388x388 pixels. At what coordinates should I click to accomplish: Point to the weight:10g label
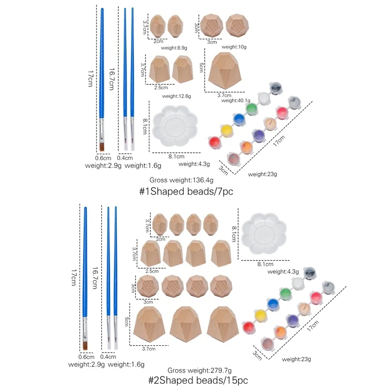[234, 47]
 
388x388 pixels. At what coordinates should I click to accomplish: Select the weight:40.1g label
[236, 100]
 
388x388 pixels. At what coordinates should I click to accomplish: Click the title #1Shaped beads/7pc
[186, 192]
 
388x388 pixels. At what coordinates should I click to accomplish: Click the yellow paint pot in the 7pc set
[226, 130]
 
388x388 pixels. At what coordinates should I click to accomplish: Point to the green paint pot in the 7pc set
[251, 108]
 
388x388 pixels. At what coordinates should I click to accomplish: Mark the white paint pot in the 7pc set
[263, 97]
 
